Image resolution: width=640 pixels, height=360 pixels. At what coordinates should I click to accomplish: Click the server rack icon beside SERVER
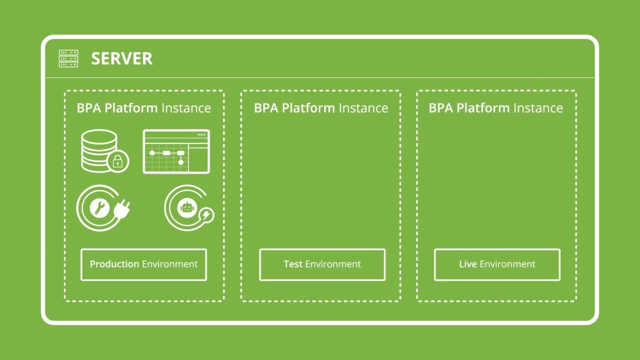[x=68, y=58]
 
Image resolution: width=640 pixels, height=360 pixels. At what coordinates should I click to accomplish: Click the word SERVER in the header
[x=121, y=59]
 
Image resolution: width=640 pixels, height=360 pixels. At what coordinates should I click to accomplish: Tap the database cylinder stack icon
[x=99, y=150]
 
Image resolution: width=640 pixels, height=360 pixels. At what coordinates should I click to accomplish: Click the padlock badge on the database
[x=118, y=161]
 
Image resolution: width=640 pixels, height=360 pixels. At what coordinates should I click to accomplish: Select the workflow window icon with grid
[x=176, y=151]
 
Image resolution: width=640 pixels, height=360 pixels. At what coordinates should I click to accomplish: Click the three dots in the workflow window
[x=201, y=134]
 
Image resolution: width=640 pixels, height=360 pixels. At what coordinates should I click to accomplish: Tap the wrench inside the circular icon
[x=100, y=207]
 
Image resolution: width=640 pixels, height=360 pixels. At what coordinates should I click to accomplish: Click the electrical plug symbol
[x=122, y=209]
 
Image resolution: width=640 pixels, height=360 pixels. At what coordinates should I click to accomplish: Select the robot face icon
[x=187, y=207]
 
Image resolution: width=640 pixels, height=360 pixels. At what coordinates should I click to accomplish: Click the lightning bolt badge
[x=206, y=215]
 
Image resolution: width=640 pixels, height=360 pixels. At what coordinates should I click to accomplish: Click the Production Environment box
[x=143, y=264]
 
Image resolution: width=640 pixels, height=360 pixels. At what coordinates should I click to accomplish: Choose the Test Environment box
[x=322, y=264]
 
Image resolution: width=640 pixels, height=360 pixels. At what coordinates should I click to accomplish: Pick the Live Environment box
[x=497, y=264]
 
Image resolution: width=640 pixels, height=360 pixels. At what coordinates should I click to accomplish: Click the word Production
[x=114, y=264]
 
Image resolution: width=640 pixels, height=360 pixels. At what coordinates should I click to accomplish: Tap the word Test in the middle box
[x=292, y=264]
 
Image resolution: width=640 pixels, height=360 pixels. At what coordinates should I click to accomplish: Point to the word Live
[x=467, y=264]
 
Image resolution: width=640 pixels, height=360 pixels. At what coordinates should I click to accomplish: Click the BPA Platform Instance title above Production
[x=143, y=108]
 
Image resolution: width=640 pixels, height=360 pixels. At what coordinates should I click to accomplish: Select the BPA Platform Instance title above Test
[x=320, y=108]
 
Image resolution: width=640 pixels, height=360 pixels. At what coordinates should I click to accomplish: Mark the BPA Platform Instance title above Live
[x=495, y=108]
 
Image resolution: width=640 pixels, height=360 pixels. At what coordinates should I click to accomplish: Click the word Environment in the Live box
[x=507, y=264]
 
